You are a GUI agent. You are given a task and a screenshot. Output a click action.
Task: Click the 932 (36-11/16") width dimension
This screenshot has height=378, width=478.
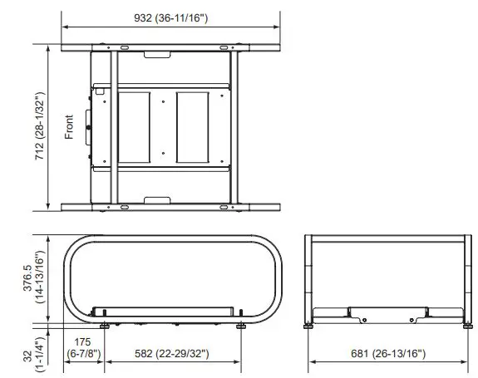(171, 17)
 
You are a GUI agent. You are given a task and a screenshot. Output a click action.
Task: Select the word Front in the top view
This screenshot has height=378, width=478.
(70, 126)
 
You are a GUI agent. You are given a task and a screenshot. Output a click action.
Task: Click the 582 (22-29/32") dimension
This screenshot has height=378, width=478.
(170, 354)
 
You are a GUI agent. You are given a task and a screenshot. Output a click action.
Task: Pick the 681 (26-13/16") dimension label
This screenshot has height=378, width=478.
(388, 354)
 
